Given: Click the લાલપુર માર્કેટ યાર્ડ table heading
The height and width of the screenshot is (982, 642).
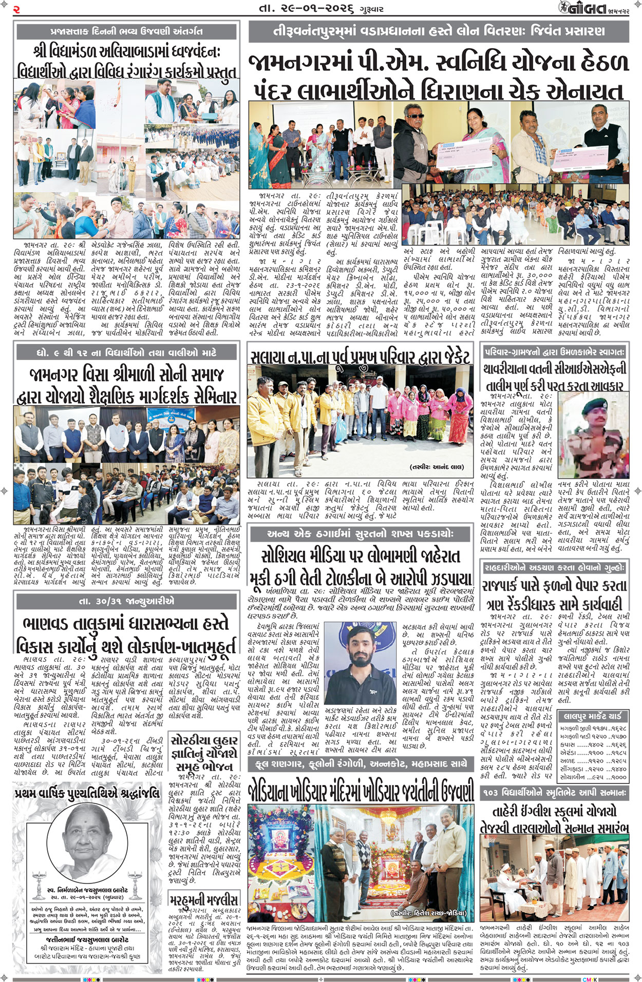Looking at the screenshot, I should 593,716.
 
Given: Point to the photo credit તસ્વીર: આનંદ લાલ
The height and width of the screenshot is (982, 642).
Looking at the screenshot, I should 437,466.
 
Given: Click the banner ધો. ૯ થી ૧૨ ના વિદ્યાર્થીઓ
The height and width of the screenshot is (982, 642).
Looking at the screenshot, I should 127,352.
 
